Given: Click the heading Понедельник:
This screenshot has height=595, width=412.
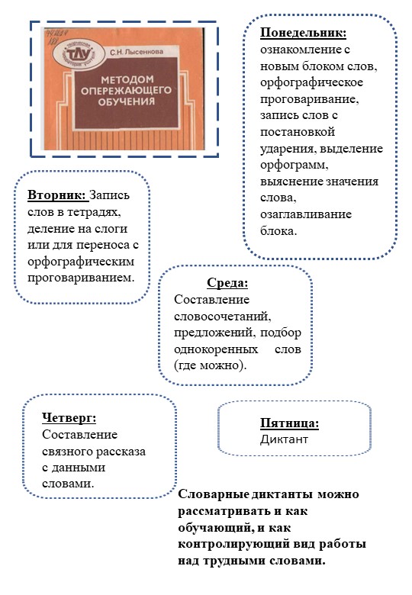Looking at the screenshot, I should [x=303, y=34].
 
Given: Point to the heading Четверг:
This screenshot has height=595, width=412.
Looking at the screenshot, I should [x=69, y=417].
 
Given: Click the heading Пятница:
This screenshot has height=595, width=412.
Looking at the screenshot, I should [x=289, y=424].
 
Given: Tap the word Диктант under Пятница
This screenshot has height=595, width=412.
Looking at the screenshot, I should [x=282, y=439].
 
